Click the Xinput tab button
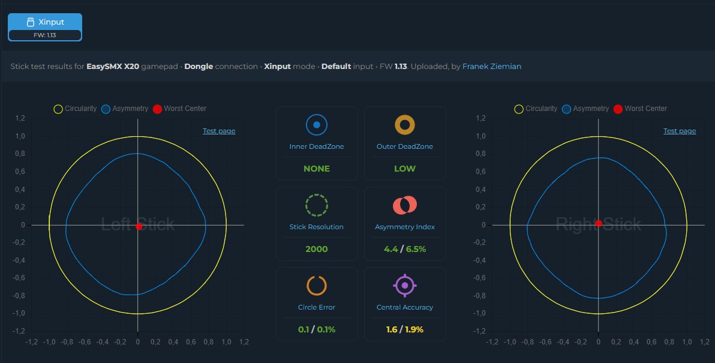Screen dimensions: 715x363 pos(44,27)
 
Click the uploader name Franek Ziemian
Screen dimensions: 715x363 pos(492,67)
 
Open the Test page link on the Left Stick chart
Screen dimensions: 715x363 pos(219,131)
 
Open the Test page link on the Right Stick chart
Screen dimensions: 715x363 pos(680,131)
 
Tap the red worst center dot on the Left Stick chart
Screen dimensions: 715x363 pos(139,227)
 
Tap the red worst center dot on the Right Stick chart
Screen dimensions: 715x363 pos(599,223)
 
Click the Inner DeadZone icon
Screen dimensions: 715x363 pos(317,124)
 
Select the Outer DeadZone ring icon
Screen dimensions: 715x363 pos(404,124)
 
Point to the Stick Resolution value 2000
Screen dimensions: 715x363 pos(317,249)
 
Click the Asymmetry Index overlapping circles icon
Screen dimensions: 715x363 pos(404,205)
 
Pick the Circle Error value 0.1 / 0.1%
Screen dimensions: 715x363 pos(317,329)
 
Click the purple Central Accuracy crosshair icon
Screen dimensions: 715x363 pos(404,286)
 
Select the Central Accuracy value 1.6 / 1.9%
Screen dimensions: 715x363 pos(404,329)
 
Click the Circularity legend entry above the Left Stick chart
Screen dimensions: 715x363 pos(75,109)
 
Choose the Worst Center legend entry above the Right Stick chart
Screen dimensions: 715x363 pos(640,109)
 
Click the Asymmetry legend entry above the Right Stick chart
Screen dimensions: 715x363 pos(585,109)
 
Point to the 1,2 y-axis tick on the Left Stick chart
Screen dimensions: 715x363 pos(20,119)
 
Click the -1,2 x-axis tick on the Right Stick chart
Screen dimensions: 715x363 pos(492,342)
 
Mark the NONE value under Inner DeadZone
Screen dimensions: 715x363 pos(317,169)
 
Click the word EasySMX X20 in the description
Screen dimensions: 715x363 pos(113,67)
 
